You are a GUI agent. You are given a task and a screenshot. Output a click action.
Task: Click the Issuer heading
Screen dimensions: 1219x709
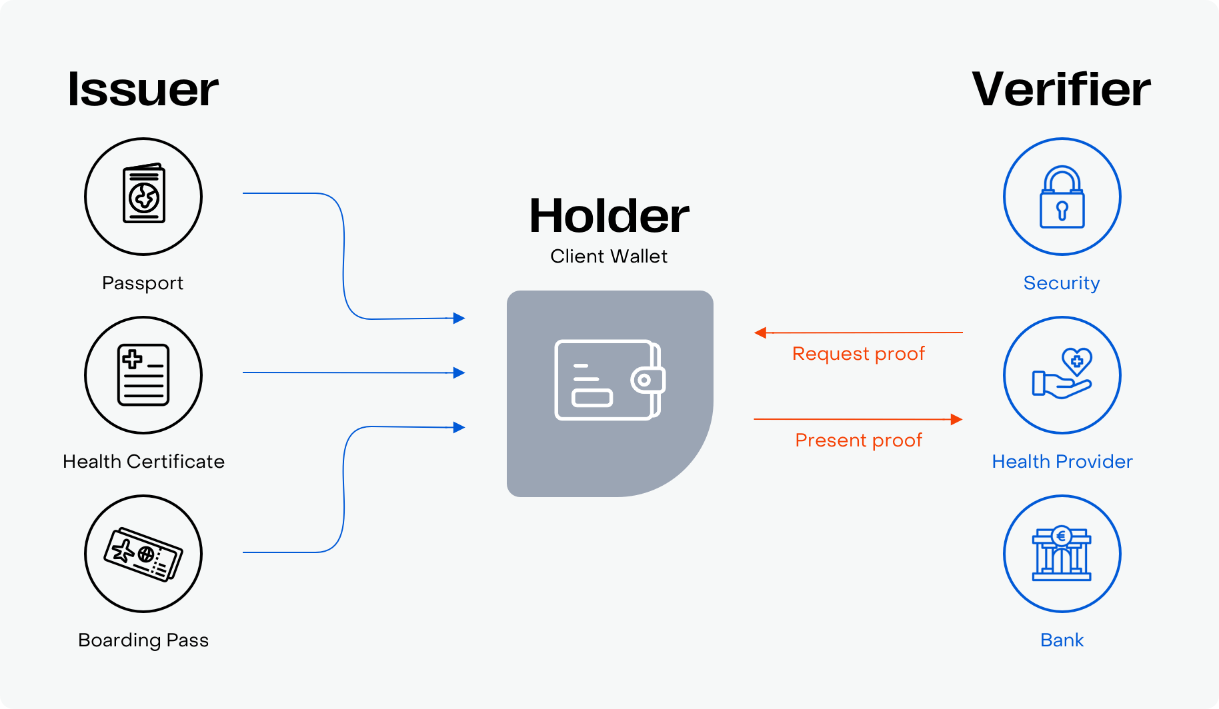click(143, 89)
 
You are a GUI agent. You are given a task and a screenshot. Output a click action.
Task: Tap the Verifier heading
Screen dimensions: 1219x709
click(1061, 89)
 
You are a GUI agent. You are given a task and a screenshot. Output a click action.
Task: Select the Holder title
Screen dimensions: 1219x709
click(609, 216)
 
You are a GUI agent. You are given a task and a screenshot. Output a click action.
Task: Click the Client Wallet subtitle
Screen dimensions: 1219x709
click(609, 257)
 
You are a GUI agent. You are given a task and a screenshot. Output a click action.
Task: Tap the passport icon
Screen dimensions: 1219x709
click(143, 194)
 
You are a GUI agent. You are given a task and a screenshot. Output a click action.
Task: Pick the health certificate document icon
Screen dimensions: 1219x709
click(143, 375)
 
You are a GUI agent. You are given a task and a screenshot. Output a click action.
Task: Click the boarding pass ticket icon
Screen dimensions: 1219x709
click(143, 554)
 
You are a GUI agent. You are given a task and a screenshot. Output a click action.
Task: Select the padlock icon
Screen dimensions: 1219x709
click(1062, 197)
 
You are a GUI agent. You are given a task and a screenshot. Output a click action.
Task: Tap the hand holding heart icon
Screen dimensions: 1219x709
click(1062, 374)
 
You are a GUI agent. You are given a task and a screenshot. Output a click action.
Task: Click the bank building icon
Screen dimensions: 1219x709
click(1062, 554)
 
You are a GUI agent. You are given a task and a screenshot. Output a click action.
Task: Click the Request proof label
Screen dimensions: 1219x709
click(858, 354)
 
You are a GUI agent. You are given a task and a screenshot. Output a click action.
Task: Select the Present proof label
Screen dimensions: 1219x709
click(858, 440)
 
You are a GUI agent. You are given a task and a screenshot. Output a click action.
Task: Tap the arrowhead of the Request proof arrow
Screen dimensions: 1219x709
click(760, 333)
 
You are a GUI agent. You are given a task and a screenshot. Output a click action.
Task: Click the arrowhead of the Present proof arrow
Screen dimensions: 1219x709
click(956, 419)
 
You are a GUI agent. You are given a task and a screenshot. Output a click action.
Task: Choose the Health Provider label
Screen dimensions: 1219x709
click(1062, 462)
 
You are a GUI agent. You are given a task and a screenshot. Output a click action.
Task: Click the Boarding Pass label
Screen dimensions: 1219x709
click(143, 641)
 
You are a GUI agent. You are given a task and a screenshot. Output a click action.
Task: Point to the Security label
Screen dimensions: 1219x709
click(1062, 284)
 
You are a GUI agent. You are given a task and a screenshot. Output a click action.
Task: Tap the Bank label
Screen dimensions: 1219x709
click(1062, 640)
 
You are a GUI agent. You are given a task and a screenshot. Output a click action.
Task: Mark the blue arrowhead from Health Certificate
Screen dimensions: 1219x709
click(459, 372)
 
